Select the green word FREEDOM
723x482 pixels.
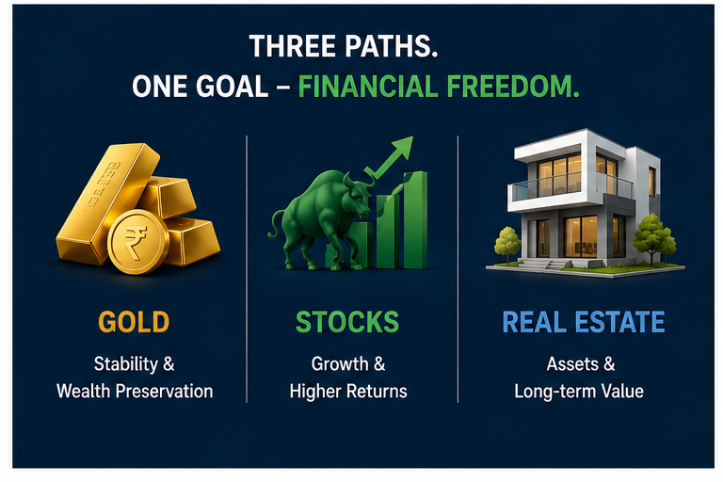coord(513,87)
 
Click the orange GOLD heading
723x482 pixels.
coord(134,321)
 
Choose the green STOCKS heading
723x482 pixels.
coord(347,321)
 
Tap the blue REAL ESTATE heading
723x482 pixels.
coord(584,321)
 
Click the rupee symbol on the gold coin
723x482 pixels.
coord(136,242)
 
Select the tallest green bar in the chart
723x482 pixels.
coord(415,220)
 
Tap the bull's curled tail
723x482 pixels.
coord(276,223)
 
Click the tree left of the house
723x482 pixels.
coord(507,245)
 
